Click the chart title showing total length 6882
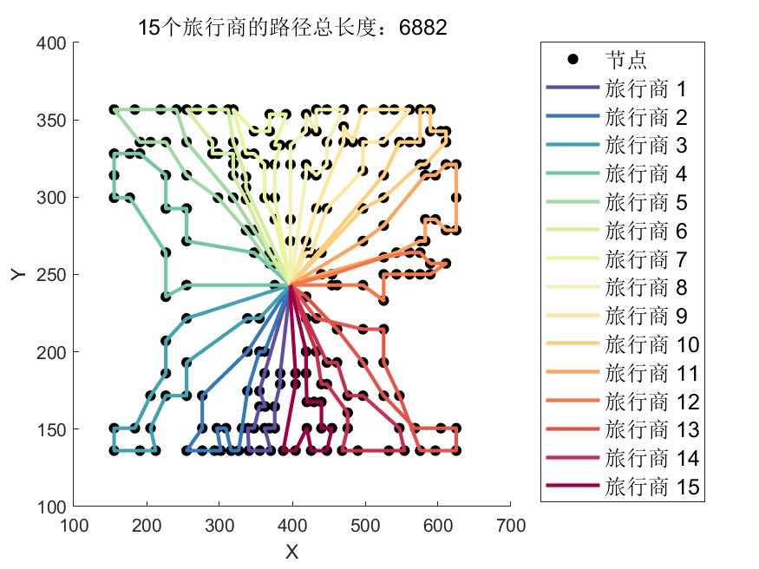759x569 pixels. [x=292, y=27]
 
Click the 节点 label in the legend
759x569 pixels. [x=625, y=60]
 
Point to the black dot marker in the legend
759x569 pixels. [x=573, y=60]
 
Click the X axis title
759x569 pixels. [x=291, y=551]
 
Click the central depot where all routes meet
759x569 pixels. [x=291, y=284]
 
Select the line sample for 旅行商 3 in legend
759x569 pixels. [x=573, y=146]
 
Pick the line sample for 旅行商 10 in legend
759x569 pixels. [x=573, y=344]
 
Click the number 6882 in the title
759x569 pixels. [x=422, y=27]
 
